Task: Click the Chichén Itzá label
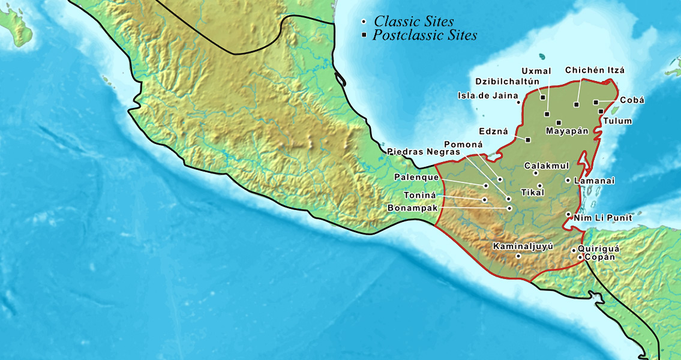coord(595,70)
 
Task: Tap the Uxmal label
coord(536,71)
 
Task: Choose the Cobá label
coord(632,100)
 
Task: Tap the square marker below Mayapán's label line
coord(559,122)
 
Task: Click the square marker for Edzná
coord(528,140)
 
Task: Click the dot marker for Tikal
coord(539,185)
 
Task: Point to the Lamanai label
coord(594,180)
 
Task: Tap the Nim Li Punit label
coord(602,218)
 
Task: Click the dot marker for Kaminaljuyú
coord(518,256)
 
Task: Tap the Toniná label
coord(419,196)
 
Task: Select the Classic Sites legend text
coord(414,22)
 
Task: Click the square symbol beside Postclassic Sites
coord(364,35)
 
